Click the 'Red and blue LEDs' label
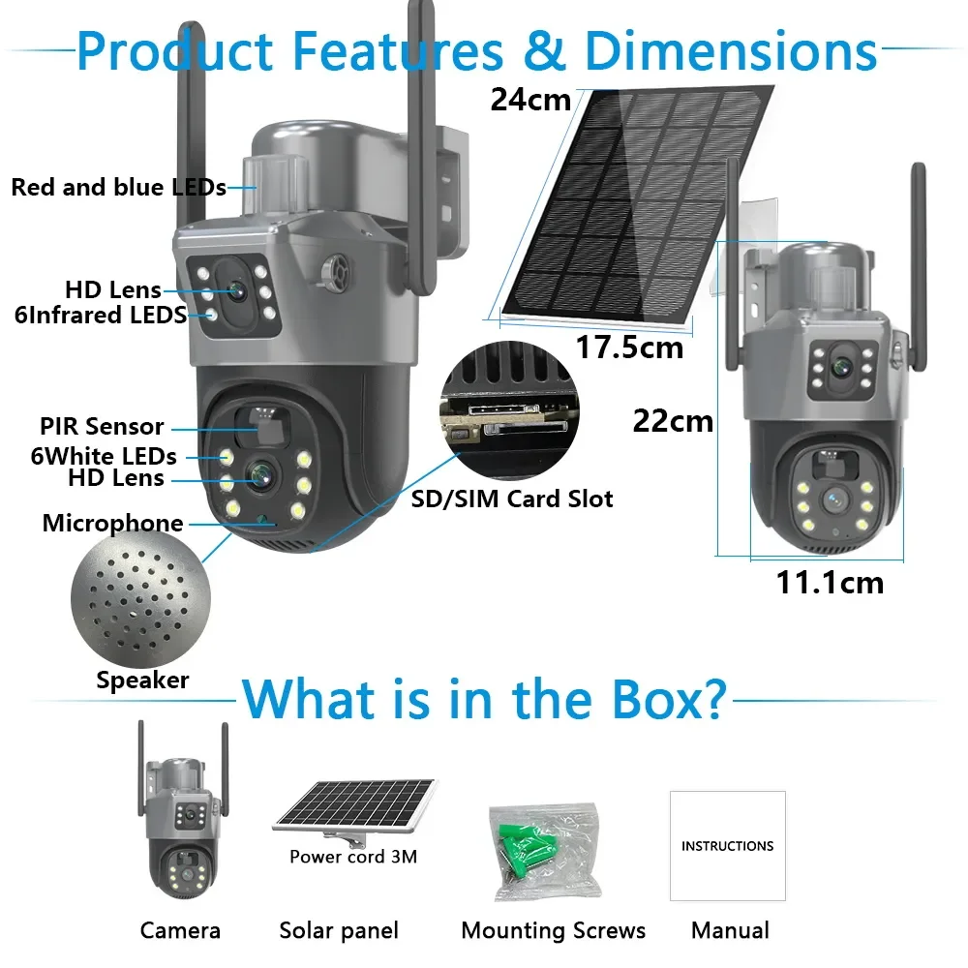118,188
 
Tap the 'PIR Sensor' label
102,427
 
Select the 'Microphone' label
112,524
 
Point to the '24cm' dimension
530,99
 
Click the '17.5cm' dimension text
630,347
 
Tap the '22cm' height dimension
673,421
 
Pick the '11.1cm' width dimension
830,583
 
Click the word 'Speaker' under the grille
142,681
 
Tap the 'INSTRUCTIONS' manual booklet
727,846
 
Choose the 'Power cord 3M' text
353,857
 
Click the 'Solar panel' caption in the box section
339,931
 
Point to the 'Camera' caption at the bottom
180,931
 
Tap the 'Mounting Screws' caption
553,931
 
